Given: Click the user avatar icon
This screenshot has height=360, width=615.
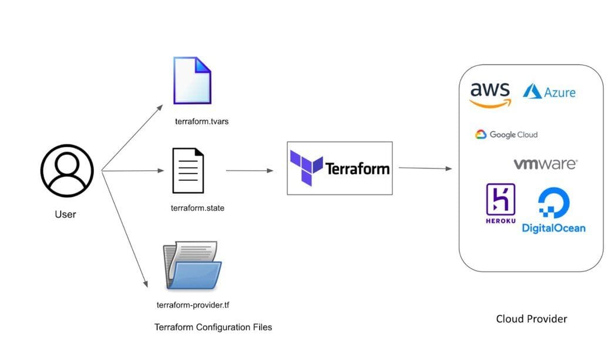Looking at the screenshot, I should pos(66,171).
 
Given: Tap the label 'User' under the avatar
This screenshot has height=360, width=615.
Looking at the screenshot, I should pos(65,214).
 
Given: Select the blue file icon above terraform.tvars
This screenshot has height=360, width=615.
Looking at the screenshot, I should pos(192,81).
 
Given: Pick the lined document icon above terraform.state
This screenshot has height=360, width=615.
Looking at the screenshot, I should pos(188,171).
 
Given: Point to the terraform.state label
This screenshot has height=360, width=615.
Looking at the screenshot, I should pos(197,208).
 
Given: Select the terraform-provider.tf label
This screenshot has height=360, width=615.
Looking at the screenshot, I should pos(197,305).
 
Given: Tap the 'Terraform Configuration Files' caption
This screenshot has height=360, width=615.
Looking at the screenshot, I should pos(213,327).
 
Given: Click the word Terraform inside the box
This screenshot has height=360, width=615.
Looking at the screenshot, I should pos(358,169).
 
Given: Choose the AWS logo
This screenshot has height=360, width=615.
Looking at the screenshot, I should pos(490,94).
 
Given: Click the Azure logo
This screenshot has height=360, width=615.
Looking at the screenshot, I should pos(549,92).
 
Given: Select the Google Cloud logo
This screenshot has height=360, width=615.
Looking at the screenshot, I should pos(506,134).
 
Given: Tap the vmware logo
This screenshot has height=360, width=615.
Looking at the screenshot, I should pos(545,164).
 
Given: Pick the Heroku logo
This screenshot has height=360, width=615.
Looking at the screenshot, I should pos(500,203).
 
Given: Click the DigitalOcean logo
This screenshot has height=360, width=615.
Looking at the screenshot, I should pos(553,210).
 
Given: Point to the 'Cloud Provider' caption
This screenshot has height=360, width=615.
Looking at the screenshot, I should pos(532,319).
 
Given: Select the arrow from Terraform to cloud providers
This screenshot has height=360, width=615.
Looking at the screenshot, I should pos(425,169).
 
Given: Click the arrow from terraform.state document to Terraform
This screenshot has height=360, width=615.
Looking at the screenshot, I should pos(250,171).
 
